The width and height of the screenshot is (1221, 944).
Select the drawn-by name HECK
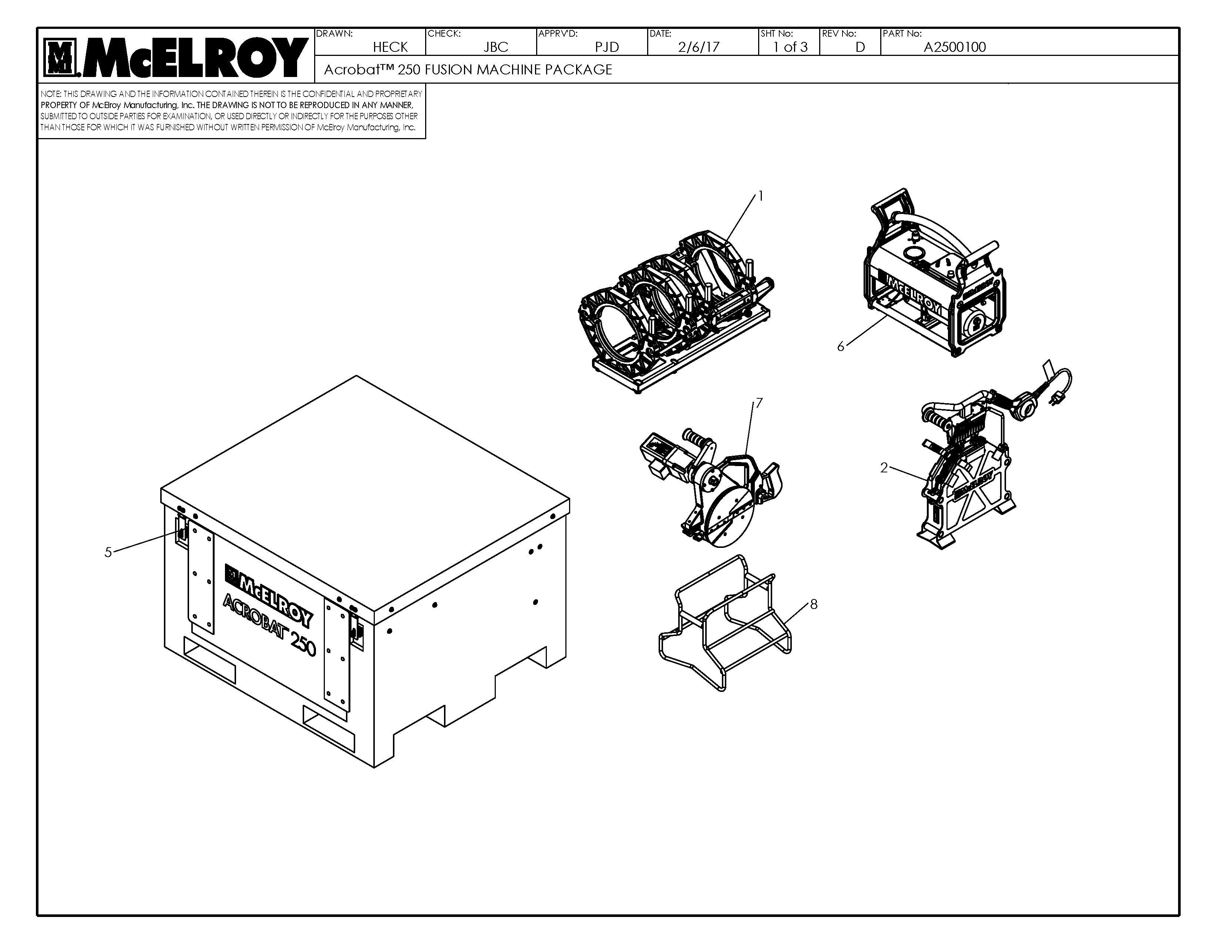[x=390, y=47]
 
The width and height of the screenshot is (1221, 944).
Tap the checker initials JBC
[x=495, y=47]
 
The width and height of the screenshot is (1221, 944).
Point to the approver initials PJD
[x=606, y=47]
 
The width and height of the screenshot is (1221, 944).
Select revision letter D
[x=860, y=47]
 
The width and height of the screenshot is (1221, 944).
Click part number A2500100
[x=954, y=47]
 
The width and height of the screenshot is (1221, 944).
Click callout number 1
[x=760, y=196]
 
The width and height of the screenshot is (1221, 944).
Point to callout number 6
[x=840, y=347]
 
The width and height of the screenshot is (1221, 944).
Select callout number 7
[x=758, y=403]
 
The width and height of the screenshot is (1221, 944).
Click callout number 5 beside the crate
[x=108, y=553]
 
